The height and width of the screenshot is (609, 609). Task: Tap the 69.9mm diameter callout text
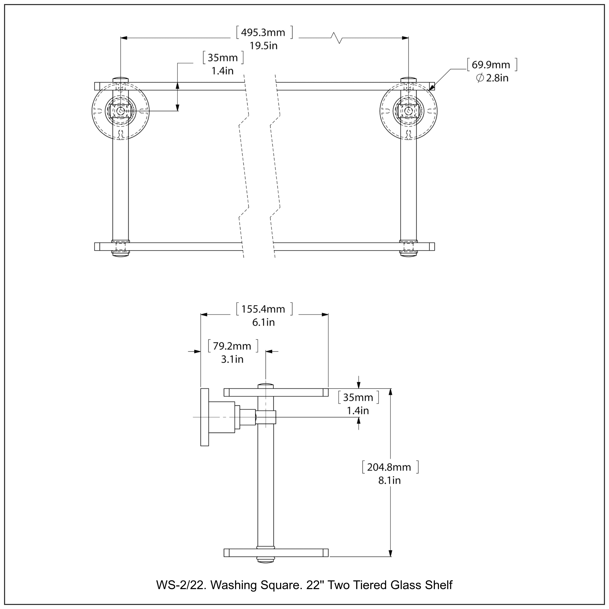point(491,65)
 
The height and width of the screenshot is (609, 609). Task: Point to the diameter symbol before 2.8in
point(480,78)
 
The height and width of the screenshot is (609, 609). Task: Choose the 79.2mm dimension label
point(232,346)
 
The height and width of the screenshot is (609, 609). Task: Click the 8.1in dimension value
point(389,480)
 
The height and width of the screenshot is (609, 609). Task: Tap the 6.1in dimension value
point(263,323)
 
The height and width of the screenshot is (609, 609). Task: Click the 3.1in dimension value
point(232,359)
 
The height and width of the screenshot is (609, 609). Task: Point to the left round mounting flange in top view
point(120,111)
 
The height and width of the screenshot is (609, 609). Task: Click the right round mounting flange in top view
point(408,111)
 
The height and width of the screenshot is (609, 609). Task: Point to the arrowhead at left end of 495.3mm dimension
point(124,38)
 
